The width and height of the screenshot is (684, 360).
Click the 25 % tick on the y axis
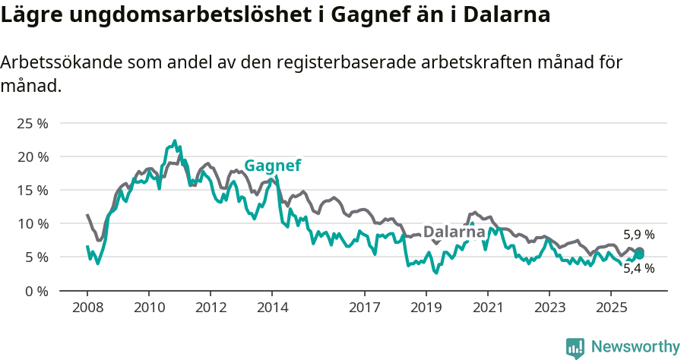(x=33, y=123)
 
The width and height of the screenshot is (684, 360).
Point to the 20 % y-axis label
(x=33, y=156)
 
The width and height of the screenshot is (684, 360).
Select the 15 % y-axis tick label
(x=33, y=190)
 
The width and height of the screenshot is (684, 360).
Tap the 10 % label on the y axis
(x=33, y=223)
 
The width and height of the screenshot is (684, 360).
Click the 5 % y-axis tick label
(x=36, y=257)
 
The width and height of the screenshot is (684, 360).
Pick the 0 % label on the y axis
(x=36, y=290)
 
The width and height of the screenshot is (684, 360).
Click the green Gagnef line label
(x=272, y=166)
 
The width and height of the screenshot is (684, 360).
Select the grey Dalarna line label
(x=454, y=232)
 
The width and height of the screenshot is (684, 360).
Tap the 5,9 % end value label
(x=638, y=235)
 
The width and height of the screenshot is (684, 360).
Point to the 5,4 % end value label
(x=638, y=268)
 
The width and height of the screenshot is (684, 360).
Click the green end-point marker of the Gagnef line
(x=639, y=254)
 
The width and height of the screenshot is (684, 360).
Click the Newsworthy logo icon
(x=575, y=347)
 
